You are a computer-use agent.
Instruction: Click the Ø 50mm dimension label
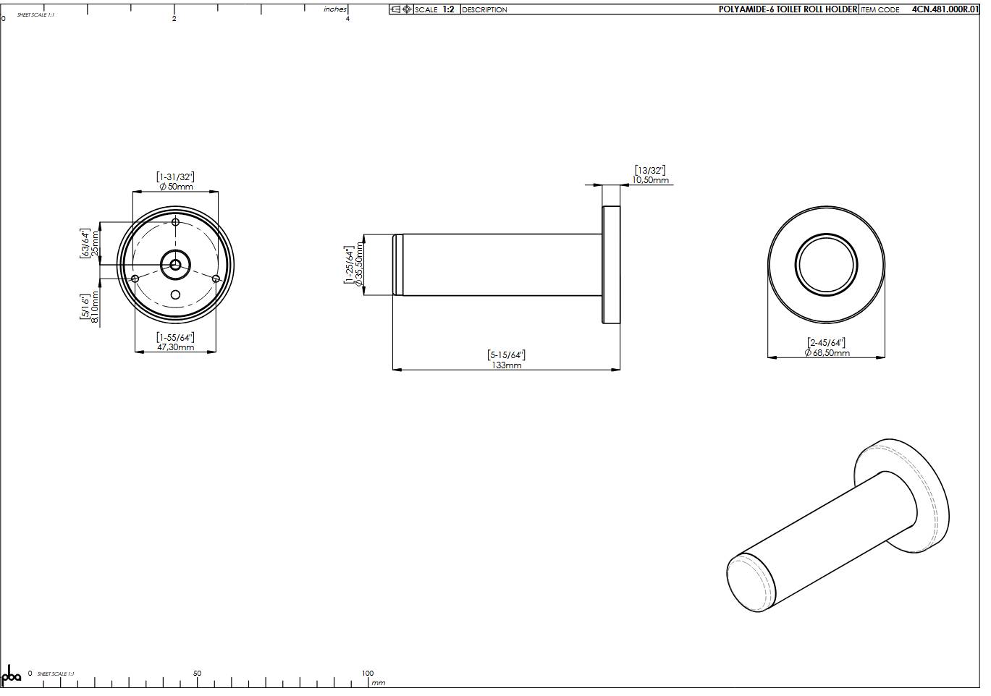coord(176,187)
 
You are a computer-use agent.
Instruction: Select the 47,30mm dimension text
coord(176,347)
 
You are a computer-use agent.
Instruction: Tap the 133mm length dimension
coord(506,365)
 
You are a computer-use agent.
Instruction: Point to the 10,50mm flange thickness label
coord(650,180)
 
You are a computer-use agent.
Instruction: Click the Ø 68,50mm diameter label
coord(827,353)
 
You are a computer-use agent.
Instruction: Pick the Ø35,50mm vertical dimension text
coord(359,266)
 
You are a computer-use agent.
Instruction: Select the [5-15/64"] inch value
coord(506,355)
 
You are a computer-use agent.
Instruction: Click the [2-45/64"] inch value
coord(827,343)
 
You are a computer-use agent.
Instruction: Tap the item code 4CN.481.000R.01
coord(945,9)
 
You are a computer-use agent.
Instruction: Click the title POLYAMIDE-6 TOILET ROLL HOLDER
coord(788,9)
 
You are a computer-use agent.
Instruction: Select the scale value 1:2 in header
coord(448,9)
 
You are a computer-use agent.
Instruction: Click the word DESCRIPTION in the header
coord(484,9)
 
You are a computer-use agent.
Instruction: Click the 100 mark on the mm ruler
coord(368,674)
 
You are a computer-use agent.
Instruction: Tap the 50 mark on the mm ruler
coord(198,674)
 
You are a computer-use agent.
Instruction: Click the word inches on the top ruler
coord(335,9)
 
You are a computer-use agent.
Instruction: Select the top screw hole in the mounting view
coord(175,222)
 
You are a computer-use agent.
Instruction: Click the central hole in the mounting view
coord(175,265)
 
